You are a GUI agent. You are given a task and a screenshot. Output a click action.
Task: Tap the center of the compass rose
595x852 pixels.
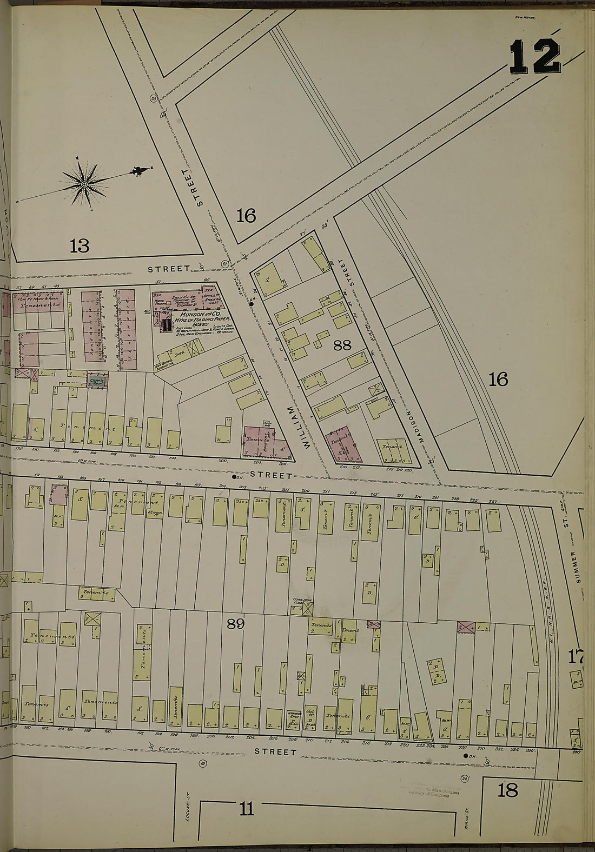pyautogui.click(x=84, y=185)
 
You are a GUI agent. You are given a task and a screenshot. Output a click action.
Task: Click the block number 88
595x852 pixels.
pyautogui.click(x=342, y=345)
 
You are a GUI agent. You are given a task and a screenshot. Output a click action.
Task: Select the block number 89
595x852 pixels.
pyautogui.click(x=235, y=624)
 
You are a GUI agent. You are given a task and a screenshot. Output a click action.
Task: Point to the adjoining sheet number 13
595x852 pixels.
pyautogui.click(x=79, y=246)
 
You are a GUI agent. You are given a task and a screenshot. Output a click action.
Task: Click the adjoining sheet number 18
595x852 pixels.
pyautogui.click(x=507, y=790)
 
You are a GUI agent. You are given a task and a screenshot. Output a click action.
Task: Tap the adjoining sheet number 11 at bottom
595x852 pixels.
pyautogui.click(x=246, y=809)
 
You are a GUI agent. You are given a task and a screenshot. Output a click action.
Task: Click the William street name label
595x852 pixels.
pyautogui.click(x=299, y=427)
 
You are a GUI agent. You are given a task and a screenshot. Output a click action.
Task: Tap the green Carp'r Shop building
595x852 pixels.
pyautogui.click(x=98, y=381)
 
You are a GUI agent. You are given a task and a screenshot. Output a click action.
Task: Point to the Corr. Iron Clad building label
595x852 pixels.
pyautogui.click(x=302, y=601)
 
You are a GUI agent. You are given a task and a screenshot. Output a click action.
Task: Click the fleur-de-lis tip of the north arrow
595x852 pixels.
pyautogui.click(x=140, y=171)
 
